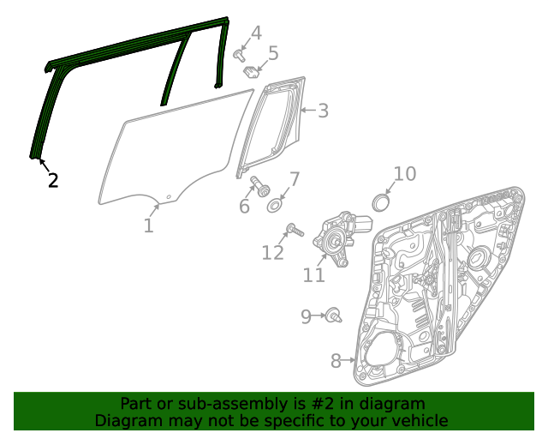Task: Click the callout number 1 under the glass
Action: click(x=148, y=226)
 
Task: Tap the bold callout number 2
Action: click(x=53, y=180)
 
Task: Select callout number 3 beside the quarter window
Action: click(x=322, y=111)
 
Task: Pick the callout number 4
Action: click(x=255, y=34)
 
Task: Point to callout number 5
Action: click(x=273, y=54)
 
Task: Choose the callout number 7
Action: click(x=294, y=180)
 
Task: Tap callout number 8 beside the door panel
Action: click(x=336, y=361)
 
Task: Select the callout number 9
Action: click(x=307, y=317)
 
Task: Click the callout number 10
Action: click(x=404, y=174)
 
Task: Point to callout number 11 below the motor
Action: click(x=314, y=274)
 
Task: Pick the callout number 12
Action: click(x=272, y=252)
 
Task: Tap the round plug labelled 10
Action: click(x=380, y=202)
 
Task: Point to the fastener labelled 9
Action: click(x=333, y=316)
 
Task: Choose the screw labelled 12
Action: click(x=294, y=230)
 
